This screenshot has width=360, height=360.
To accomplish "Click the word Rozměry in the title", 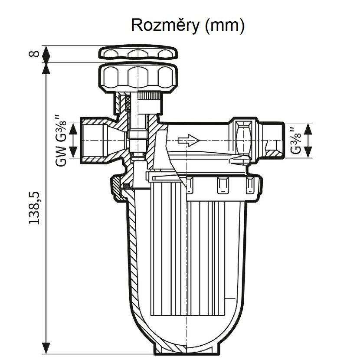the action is (x=165, y=26).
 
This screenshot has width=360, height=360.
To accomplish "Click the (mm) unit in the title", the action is (x=225, y=26).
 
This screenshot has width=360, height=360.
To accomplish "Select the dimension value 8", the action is (x=34, y=54).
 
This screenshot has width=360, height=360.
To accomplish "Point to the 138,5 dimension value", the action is (x=34, y=208).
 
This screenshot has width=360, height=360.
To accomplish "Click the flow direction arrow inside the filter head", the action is (x=189, y=140).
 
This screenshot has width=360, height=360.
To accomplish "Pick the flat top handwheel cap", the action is (x=138, y=53).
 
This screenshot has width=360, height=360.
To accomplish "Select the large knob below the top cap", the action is (x=138, y=78).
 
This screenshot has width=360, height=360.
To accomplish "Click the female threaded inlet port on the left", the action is (x=94, y=140).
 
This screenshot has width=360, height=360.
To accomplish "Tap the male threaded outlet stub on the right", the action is (x=272, y=140).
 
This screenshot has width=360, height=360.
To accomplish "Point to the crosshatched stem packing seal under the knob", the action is (x=128, y=103).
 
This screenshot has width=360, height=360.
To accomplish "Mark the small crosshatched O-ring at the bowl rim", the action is (x=126, y=186).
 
